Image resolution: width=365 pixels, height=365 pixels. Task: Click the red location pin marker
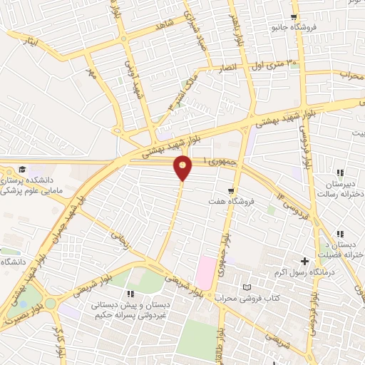click(183, 168)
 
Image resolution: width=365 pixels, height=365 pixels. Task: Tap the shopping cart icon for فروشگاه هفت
click(231, 190)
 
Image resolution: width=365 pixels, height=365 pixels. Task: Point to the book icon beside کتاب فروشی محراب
click(247, 287)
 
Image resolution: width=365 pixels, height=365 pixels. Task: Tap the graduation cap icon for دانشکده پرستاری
click(22, 170)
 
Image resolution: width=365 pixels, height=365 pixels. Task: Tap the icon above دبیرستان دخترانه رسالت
click(340, 173)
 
